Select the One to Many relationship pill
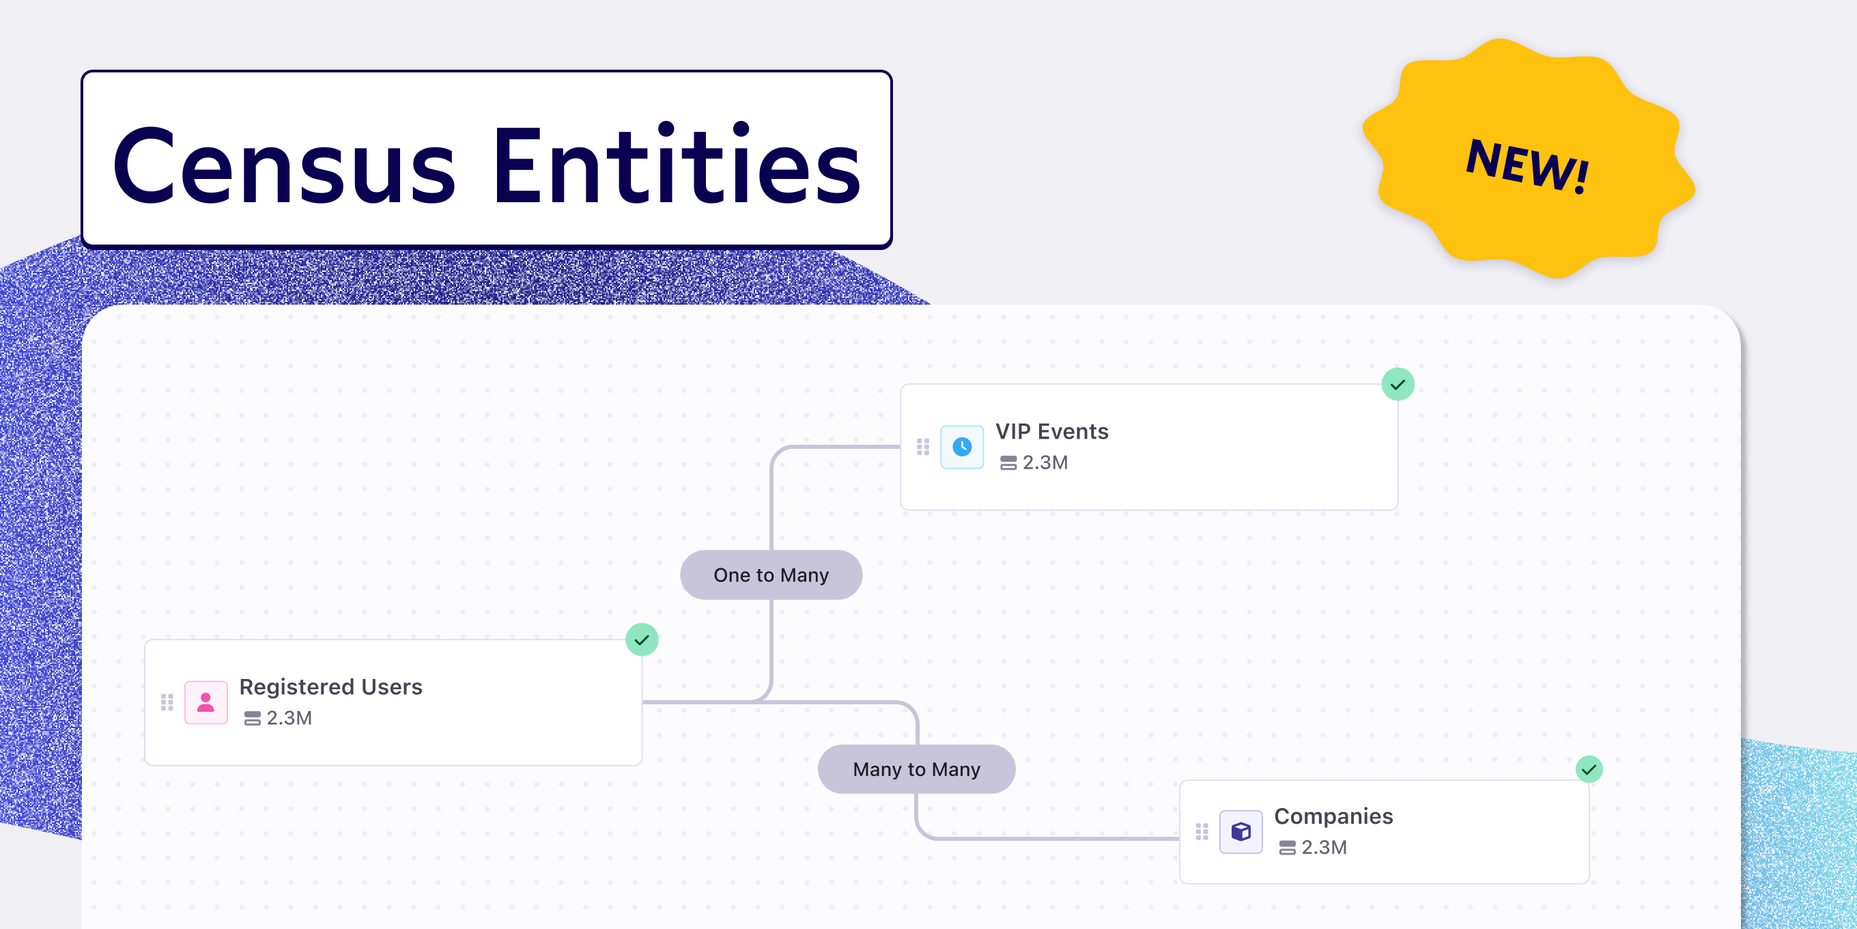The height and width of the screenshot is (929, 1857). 771,575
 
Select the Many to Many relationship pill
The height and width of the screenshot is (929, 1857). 916,769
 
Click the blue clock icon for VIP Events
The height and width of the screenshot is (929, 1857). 962,447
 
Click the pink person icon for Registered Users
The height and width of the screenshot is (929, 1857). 206,702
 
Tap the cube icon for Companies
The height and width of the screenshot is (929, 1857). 1241,831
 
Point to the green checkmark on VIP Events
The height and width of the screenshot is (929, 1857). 1398,385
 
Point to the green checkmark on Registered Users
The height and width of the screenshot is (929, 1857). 642,640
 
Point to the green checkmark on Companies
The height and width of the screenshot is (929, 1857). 1589,770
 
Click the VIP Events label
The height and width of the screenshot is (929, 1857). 1052,431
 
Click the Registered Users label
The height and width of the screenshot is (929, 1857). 331,687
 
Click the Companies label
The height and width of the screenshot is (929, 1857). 1333,816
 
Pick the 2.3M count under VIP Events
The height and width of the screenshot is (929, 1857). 1045,462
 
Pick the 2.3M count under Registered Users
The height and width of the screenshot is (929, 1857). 288,718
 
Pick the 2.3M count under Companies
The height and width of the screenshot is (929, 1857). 1324,847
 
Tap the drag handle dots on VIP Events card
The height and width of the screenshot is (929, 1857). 923,447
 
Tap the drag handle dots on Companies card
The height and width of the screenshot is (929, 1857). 1202,831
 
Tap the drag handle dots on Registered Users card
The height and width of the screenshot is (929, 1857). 167,702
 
